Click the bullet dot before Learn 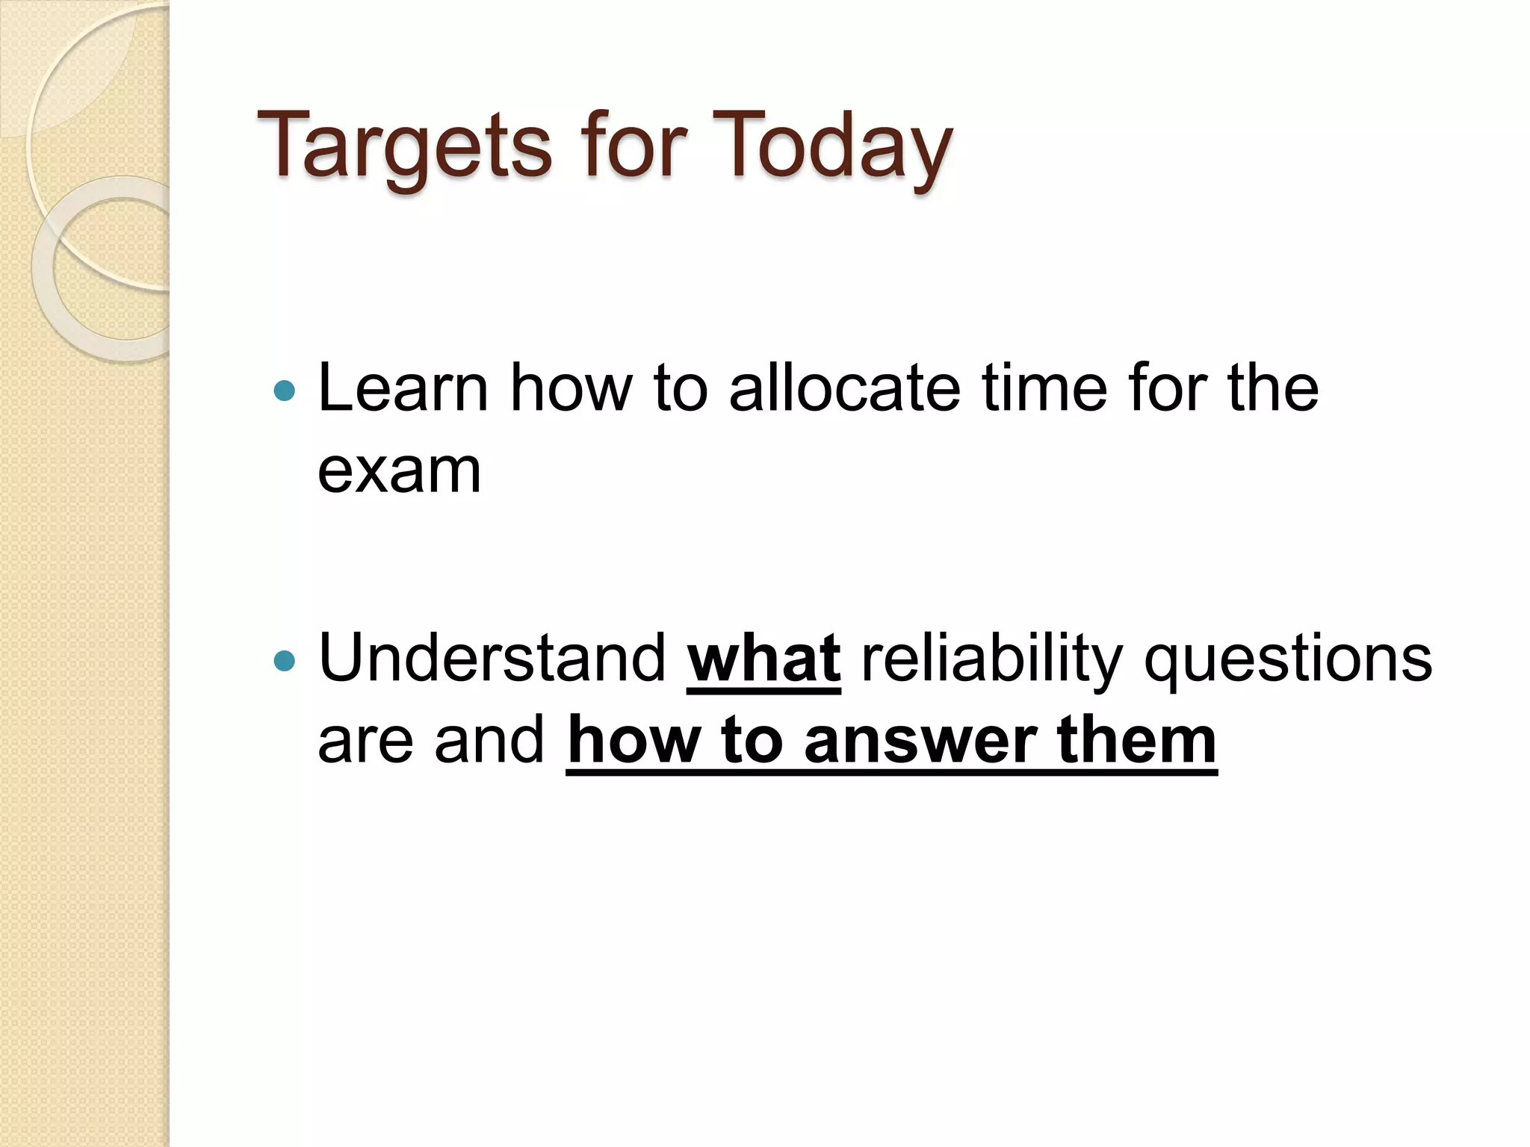(285, 390)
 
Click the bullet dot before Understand (285, 660)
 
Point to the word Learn (403, 388)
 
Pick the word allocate (844, 388)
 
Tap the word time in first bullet (1044, 388)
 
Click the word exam (399, 472)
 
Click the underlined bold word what (764, 659)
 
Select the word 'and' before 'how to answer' (489, 742)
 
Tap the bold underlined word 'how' (634, 742)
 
